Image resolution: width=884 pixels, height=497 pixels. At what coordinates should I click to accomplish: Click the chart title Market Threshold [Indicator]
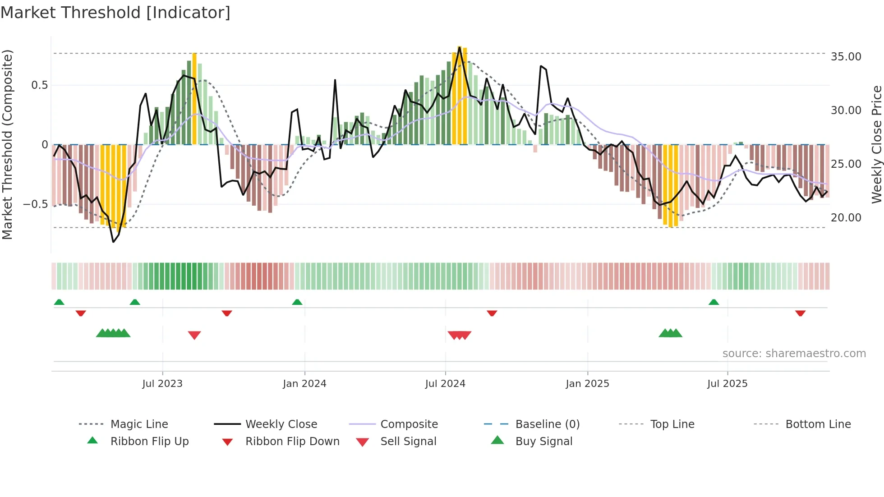(x=115, y=13)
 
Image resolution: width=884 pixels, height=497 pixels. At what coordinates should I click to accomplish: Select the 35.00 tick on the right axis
(x=846, y=57)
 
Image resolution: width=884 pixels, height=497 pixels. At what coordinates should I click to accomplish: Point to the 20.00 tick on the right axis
(x=846, y=218)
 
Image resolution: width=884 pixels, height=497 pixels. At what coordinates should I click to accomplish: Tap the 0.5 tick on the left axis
(x=39, y=85)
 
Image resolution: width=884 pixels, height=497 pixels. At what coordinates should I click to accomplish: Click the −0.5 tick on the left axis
(x=36, y=204)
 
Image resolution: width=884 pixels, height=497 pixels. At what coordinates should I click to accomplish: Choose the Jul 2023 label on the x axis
(x=162, y=384)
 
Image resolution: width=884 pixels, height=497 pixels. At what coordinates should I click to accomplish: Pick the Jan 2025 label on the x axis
(x=587, y=384)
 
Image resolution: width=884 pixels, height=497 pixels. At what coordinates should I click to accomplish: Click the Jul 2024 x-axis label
(x=445, y=384)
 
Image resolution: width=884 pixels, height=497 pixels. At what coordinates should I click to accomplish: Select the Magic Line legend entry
(x=139, y=424)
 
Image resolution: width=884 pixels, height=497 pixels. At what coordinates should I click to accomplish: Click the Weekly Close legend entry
(x=281, y=424)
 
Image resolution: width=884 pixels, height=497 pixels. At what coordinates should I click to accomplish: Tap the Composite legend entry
(x=409, y=424)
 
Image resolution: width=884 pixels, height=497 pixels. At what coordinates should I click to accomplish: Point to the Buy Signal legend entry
(x=543, y=442)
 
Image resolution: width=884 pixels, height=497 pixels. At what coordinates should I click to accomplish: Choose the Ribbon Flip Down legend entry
(x=292, y=442)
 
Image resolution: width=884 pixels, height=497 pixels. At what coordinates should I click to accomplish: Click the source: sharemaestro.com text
(x=794, y=354)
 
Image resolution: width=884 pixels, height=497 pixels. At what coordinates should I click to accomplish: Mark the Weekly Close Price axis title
(x=876, y=144)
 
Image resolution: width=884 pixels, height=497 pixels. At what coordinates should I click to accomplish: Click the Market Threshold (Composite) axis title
(x=7, y=144)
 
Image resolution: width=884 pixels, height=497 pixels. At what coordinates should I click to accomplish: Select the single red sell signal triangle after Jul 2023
(x=194, y=335)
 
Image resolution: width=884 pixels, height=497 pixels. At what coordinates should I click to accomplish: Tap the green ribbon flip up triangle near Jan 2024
(x=297, y=302)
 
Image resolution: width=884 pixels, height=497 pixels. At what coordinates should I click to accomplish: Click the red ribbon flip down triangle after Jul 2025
(x=801, y=313)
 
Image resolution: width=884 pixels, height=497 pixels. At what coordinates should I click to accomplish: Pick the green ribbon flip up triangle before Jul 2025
(x=714, y=302)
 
